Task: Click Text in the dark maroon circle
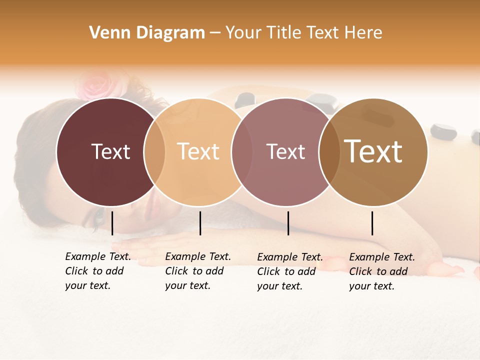pyautogui.click(x=110, y=151)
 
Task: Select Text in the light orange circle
pyautogui.click(x=198, y=151)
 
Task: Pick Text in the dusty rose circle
pyautogui.click(x=285, y=151)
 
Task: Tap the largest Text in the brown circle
pyautogui.click(x=373, y=151)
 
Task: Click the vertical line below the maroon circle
pyautogui.click(x=112, y=223)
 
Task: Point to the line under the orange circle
pyautogui.click(x=200, y=223)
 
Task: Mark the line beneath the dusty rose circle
pyautogui.click(x=288, y=223)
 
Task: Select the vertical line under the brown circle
pyautogui.click(x=372, y=223)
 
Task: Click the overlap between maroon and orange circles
pyautogui.click(x=154, y=151)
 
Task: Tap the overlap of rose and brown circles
pyautogui.click(x=328, y=151)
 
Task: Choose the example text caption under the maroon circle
pyautogui.click(x=97, y=271)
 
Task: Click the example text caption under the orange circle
pyautogui.click(x=197, y=271)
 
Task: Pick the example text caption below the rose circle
pyautogui.click(x=289, y=271)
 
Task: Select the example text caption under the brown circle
pyautogui.click(x=381, y=271)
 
